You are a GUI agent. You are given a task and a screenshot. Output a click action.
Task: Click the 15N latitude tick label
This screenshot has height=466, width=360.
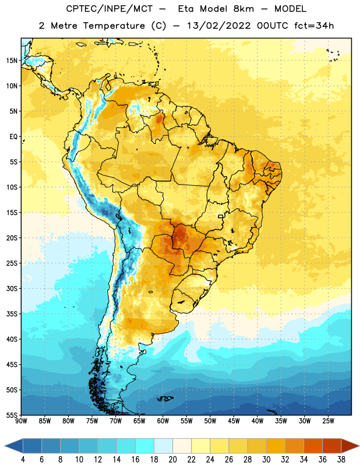coord(12,61)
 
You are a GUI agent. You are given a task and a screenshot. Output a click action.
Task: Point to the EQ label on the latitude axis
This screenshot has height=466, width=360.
coord(13,137)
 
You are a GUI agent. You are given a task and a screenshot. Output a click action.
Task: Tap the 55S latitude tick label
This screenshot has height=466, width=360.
coord(12,415)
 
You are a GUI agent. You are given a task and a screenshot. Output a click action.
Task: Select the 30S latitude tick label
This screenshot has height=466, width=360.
coord(12,288)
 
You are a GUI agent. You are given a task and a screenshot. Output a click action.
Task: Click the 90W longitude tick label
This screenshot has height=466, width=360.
coord(21,421)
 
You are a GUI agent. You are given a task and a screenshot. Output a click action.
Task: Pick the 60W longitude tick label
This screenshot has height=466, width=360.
coord(163,421)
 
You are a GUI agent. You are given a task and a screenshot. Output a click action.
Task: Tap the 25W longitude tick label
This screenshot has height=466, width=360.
coord(328,421)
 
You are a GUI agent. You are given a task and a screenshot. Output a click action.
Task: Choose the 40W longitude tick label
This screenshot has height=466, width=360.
coord(257,421)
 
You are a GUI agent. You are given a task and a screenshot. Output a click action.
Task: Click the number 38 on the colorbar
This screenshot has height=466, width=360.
coord(341,460)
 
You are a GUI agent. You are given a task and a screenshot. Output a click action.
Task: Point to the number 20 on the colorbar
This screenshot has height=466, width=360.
coord(172,460)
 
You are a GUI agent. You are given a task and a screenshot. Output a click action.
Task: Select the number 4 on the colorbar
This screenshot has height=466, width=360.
coord(23,460)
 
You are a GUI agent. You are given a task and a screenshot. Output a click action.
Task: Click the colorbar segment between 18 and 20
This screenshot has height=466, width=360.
coord(163,446)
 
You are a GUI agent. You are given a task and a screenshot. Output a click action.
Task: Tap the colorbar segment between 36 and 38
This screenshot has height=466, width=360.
coord(332,446)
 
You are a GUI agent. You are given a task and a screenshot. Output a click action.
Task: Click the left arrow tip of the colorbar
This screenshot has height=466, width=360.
coord(5,446)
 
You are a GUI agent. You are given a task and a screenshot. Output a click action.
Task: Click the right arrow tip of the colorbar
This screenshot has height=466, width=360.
coord(359,446)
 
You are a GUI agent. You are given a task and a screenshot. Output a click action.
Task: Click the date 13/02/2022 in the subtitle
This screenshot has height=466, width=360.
coord(219,26)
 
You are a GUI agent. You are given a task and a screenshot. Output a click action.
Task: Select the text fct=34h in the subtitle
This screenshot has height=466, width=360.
coord(314,26)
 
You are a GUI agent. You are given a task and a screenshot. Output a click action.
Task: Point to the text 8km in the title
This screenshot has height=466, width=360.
coord(243,9)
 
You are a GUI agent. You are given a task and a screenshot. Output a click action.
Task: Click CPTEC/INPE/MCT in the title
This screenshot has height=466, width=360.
coord(110,9)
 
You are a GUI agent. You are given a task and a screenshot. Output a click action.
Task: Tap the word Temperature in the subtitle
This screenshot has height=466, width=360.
coord(114,26)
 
